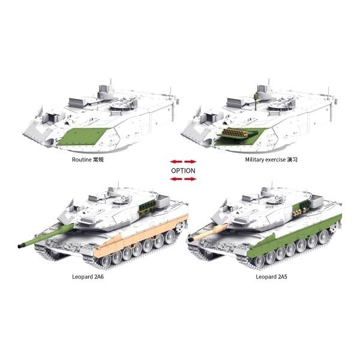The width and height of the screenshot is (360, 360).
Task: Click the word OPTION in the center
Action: click(x=183, y=170)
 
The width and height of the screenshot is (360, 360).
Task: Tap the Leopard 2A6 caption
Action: click(x=88, y=277)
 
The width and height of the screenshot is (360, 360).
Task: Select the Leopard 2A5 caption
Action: click(x=271, y=277)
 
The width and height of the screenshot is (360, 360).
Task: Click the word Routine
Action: click(x=82, y=160)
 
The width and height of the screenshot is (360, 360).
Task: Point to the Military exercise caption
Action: click(x=265, y=160)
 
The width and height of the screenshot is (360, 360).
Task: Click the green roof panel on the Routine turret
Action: click(x=83, y=137)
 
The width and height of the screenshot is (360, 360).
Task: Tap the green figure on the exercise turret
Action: click(x=256, y=100)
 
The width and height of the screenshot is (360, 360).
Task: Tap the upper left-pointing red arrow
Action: click(x=176, y=161)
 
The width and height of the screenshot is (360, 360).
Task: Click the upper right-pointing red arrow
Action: click(x=190, y=161)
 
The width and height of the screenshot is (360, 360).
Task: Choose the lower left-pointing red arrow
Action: click(x=176, y=179)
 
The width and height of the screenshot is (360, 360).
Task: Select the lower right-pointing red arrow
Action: click(x=190, y=179)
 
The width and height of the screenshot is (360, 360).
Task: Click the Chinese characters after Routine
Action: click(x=98, y=160)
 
